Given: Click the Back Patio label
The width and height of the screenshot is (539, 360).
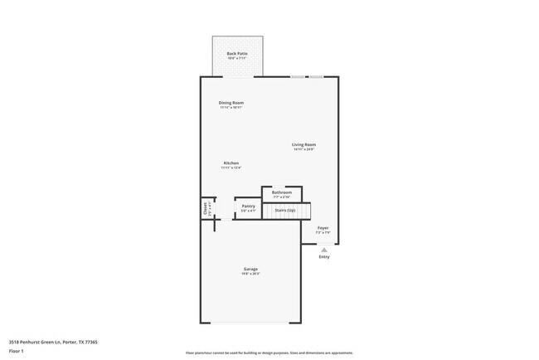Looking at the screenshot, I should tap(237, 54).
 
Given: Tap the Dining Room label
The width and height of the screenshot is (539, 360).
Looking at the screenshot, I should tap(231, 103).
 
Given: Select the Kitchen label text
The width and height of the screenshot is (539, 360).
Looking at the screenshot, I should tap(231, 163).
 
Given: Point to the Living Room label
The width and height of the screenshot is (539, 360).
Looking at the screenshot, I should tap(303, 145).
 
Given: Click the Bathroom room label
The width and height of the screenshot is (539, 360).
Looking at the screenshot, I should tap(282, 192).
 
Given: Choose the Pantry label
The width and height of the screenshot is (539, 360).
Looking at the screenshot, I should tap(248, 207).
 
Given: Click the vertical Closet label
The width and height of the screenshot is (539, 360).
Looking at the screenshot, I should tap(205, 209).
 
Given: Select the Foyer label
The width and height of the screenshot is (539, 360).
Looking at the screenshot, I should tap(323, 227).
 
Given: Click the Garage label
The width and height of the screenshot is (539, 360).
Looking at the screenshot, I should tap(250, 269).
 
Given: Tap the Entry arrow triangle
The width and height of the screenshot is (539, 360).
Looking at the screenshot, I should tap(324, 250).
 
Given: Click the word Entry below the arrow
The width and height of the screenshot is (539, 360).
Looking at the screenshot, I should tap(324, 257).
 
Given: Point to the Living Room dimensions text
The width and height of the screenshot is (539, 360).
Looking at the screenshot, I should tap(303, 150).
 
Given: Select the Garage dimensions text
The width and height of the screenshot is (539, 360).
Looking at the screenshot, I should tap(250, 274).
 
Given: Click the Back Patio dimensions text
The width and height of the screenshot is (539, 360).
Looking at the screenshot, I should tap(237, 59).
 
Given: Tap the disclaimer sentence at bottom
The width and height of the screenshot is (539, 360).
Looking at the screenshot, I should tap(269, 352).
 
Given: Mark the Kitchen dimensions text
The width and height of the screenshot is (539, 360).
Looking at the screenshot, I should tap(231, 168).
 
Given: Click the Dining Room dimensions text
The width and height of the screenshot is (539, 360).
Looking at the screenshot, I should tap(231, 108).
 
